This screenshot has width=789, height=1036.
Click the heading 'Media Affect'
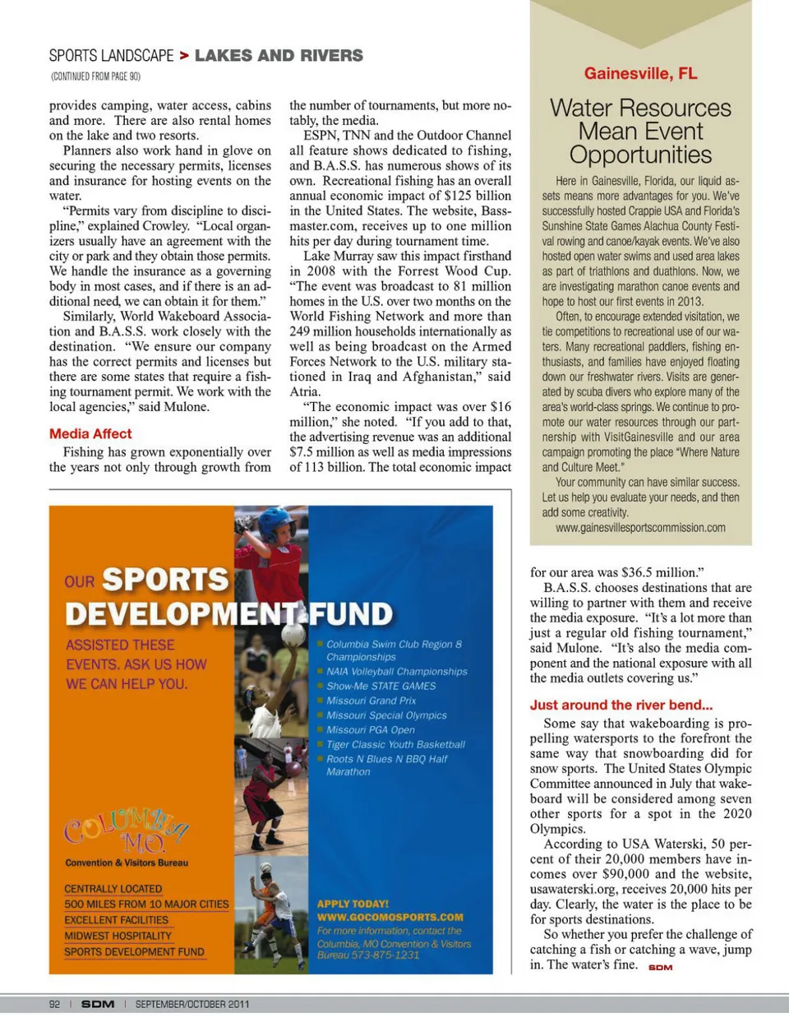(90, 433)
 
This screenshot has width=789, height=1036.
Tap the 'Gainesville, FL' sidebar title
(641, 73)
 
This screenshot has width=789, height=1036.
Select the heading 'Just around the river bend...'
(621, 705)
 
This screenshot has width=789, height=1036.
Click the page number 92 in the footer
(55, 1004)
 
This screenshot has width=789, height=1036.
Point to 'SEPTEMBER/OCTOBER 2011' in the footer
(192, 1004)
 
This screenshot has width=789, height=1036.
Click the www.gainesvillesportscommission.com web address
(640, 528)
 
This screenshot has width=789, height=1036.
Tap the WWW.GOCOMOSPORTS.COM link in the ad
(390, 917)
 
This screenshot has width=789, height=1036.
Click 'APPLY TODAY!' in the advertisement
(353, 903)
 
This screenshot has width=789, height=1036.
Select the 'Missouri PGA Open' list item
(371, 729)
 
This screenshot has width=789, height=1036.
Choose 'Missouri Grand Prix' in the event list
(371, 701)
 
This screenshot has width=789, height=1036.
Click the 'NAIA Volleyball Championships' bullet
(397, 671)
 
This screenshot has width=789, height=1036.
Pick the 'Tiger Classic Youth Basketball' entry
(395, 744)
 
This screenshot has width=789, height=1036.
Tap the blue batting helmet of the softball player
(276, 524)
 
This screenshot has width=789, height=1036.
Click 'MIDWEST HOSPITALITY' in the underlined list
(118, 936)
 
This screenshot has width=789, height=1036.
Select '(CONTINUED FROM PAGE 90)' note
(95, 76)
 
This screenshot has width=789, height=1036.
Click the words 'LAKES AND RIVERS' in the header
(279, 55)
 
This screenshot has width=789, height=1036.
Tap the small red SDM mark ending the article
(660, 968)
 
